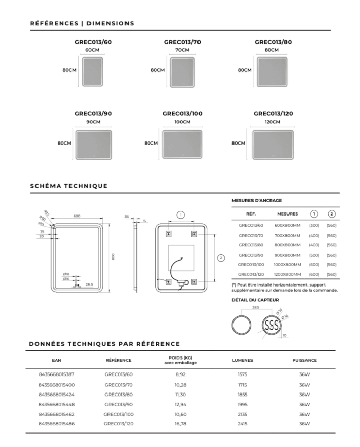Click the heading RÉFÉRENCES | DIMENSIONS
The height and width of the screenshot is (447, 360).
coord(82,23)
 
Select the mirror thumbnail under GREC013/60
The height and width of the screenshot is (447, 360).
coord(93,70)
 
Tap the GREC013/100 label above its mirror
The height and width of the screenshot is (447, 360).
coord(182,113)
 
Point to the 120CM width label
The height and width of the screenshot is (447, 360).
coord(273,122)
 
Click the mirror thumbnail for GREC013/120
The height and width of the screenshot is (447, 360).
coord(273,145)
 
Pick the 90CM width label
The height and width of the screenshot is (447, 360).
coord(93,122)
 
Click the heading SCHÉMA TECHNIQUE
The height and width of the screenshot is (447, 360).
coord(69,186)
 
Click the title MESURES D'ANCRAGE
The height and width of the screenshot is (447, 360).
coord(257,201)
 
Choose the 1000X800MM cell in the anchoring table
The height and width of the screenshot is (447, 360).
coord(287,264)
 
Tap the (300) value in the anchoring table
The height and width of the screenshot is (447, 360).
coord(314,225)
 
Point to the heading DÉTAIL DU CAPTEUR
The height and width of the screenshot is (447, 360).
coord(255,300)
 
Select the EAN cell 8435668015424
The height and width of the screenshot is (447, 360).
coord(57,395)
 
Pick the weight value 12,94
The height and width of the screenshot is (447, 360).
coord(180,404)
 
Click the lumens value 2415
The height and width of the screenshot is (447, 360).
coord(242,424)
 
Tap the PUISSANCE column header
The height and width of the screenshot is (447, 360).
coord(304,360)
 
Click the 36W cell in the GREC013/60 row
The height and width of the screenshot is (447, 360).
coord(304,374)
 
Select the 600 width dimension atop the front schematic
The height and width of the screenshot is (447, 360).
coord(77,216)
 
